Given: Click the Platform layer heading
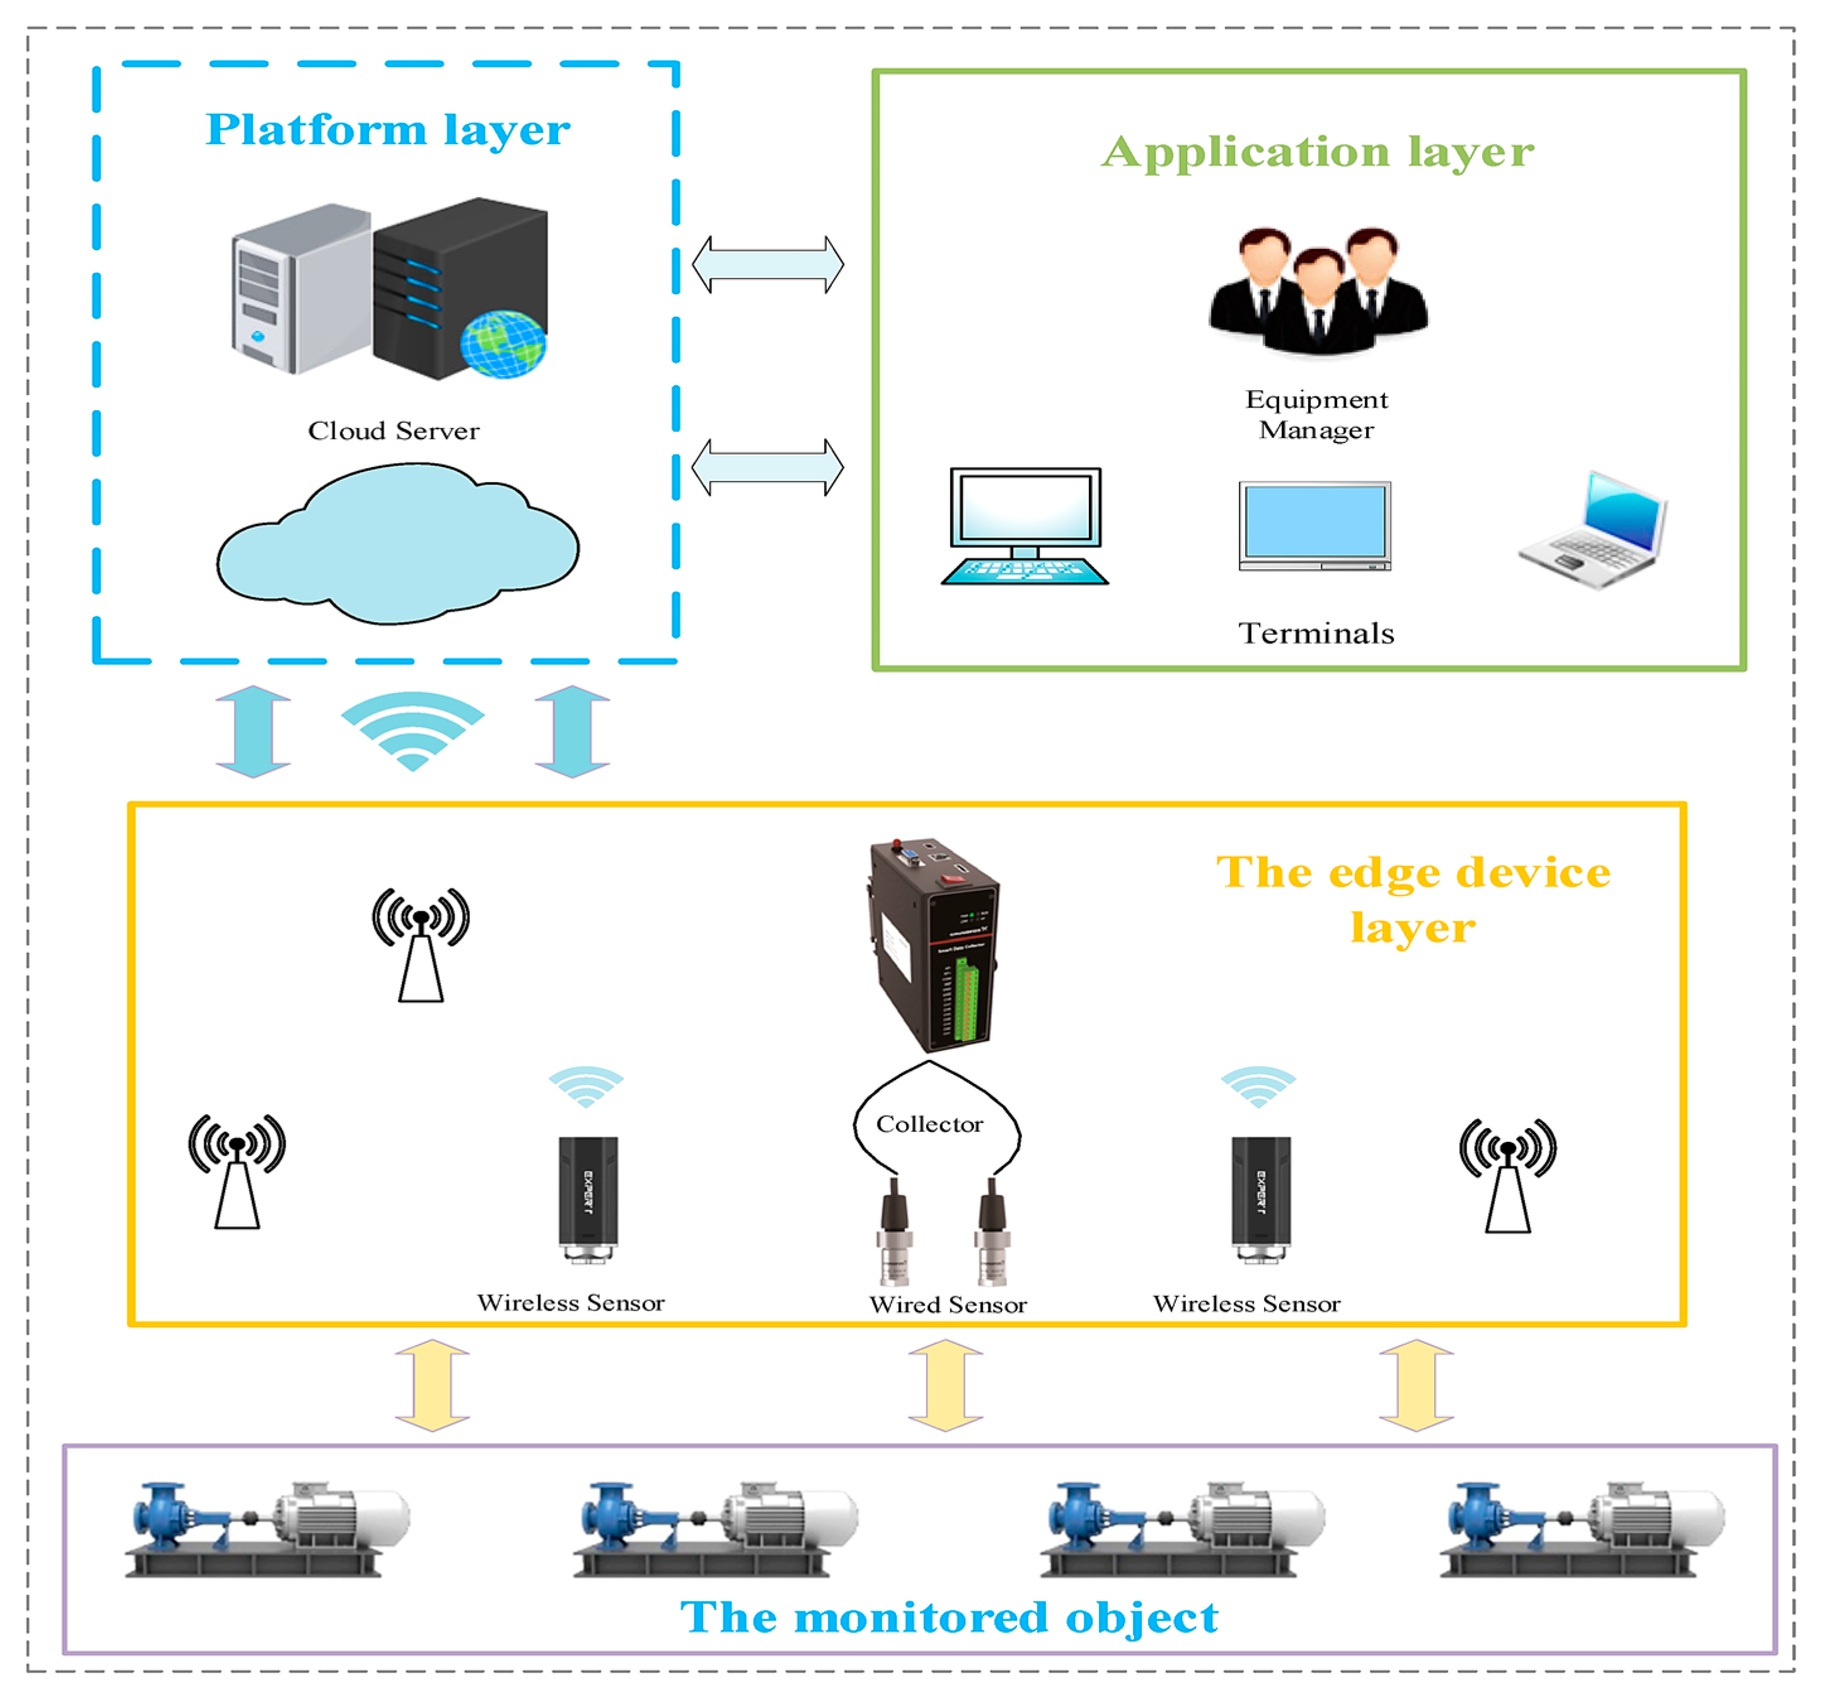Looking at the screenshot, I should (388, 129).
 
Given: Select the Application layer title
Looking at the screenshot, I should (1318, 151).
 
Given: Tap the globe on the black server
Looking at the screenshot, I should (503, 344).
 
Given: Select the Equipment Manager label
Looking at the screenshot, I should (1317, 414).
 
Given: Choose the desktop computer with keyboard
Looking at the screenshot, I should (1025, 526).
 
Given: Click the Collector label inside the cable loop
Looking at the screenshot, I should (929, 1124).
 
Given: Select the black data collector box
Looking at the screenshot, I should (933, 945).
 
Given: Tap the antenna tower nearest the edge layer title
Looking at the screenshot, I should (1508, 1176).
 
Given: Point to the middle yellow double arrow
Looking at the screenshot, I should (946, 1386).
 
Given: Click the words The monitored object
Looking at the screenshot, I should (950, 1618).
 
